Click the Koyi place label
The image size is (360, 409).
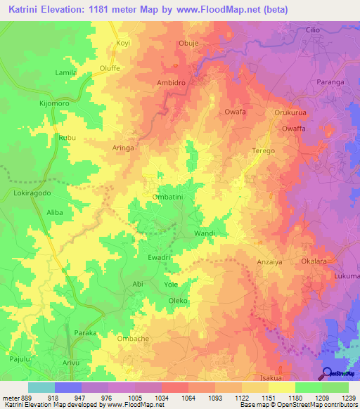click(123, 43)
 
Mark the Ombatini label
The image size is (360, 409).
click(168, 197)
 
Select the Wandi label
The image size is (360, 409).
click(204, 233)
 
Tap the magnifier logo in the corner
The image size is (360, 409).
click(328, 372)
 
